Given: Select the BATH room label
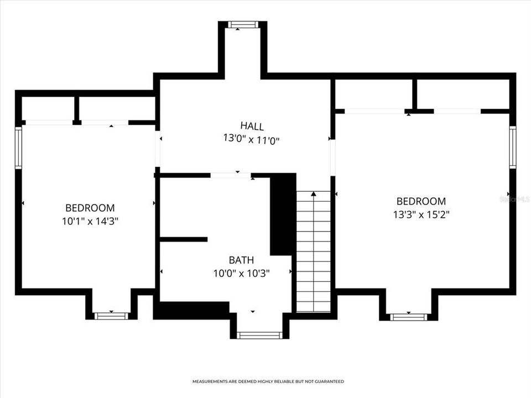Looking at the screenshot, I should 242,259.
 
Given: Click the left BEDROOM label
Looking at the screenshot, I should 90,208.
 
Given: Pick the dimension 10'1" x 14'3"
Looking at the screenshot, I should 90,222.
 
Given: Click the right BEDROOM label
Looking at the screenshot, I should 421,201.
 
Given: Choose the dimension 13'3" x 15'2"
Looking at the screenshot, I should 421,215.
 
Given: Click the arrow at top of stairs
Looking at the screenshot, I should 314,194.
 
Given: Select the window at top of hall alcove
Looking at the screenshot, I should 243,24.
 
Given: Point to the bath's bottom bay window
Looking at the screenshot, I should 259,335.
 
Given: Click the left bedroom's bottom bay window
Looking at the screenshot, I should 111,316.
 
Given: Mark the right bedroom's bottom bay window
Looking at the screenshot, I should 409,317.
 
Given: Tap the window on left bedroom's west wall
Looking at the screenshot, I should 18,147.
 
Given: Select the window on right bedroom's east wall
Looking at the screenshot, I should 513,147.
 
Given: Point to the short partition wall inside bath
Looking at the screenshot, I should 184,239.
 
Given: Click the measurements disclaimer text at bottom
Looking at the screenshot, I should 268,381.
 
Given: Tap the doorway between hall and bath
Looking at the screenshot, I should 231,175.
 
